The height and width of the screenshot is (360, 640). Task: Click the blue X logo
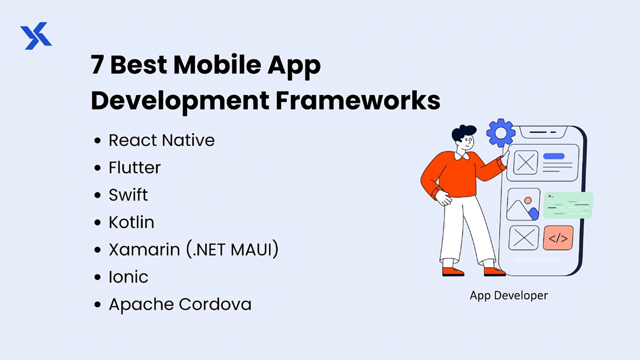(36, 36)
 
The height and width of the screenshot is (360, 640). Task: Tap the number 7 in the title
(97, 65)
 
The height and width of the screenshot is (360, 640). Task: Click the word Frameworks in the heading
(358, 100)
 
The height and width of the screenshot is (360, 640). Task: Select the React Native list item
(162, 140)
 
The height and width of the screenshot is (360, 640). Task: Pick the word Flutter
(135, 168)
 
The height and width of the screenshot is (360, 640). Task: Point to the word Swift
(128, 195)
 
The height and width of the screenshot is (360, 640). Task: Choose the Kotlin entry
(132, 222)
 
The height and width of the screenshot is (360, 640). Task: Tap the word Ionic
(128, 277)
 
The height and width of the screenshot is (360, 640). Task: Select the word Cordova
(215, 304)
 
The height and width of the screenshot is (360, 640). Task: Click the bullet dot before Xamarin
(97, 250)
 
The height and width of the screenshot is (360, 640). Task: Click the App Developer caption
(509, 296)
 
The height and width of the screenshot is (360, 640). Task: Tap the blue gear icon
(501, 133)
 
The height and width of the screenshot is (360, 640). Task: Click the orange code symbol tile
(558, 238)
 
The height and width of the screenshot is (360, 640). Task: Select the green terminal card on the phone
(568, 205)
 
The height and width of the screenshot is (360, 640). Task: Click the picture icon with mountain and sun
(523, 204)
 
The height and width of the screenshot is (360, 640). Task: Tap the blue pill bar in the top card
(554, 156)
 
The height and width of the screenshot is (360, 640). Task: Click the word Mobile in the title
(217, 65)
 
